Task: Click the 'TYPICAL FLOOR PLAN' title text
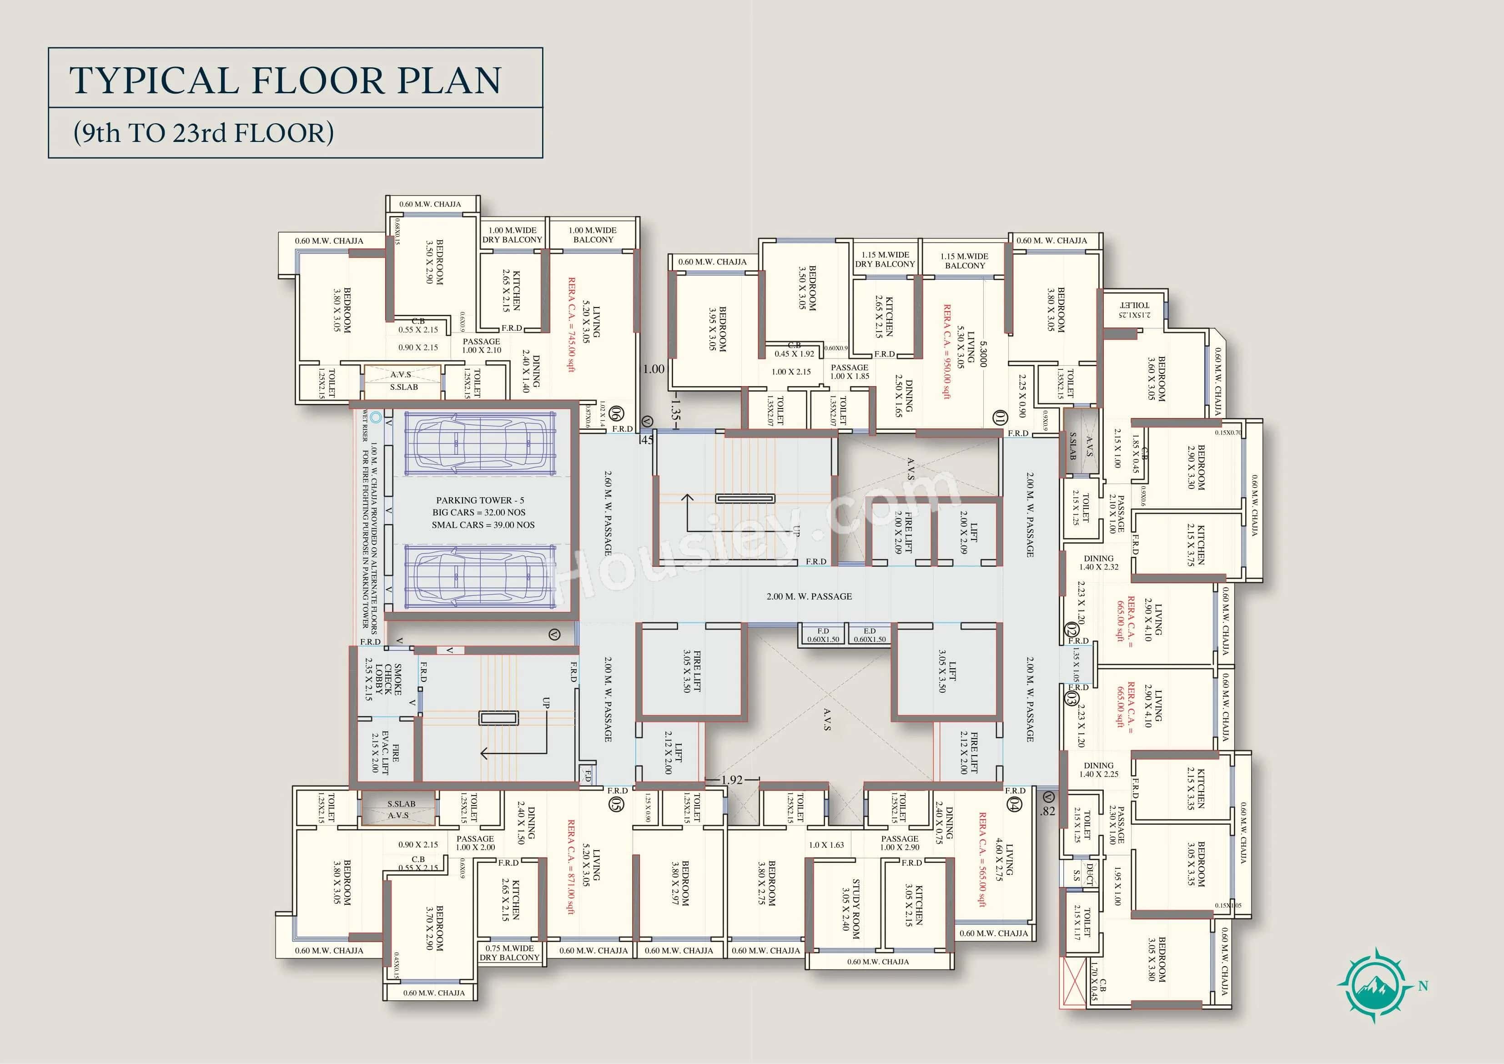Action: coord(285,80)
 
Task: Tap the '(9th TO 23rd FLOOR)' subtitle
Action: coord(204,132)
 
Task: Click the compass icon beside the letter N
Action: coord(1374,985)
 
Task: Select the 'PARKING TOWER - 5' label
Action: coord(480,500)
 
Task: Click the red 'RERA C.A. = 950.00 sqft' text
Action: coord(947,351)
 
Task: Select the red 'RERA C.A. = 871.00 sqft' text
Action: coord(571,866)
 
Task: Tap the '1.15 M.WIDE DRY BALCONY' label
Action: coord(885,259)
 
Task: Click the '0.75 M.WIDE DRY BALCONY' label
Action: coord(510,953)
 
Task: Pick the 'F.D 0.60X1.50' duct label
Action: coord(823,635)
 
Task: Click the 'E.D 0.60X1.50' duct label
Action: coord(869,635)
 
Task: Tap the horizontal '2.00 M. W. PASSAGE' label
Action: coord(809,596)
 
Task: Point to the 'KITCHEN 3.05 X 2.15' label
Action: coord(913,905)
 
